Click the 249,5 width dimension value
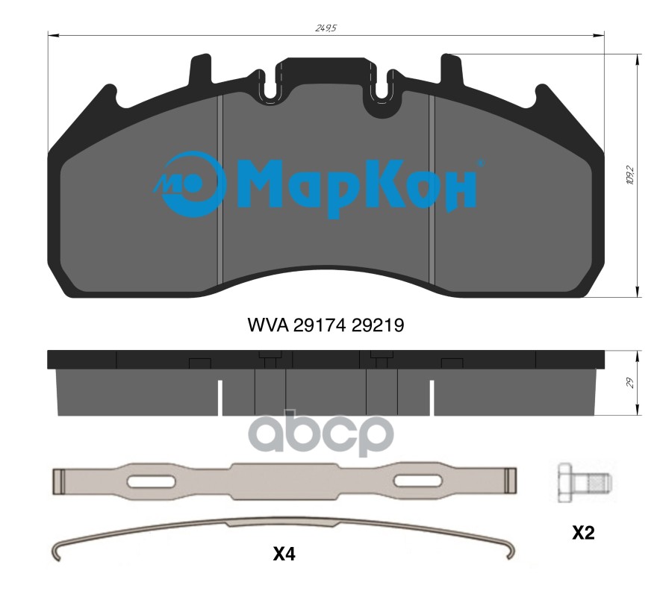tap(326, 28)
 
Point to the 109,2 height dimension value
tap(630, 175)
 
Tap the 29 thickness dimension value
tap(630, 383)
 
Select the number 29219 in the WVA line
tap(378, 325)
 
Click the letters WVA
tap(268, 325)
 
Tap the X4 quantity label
tap(284, 554)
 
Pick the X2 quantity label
tap(583, 533)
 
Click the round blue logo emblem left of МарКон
tap(190, 184)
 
